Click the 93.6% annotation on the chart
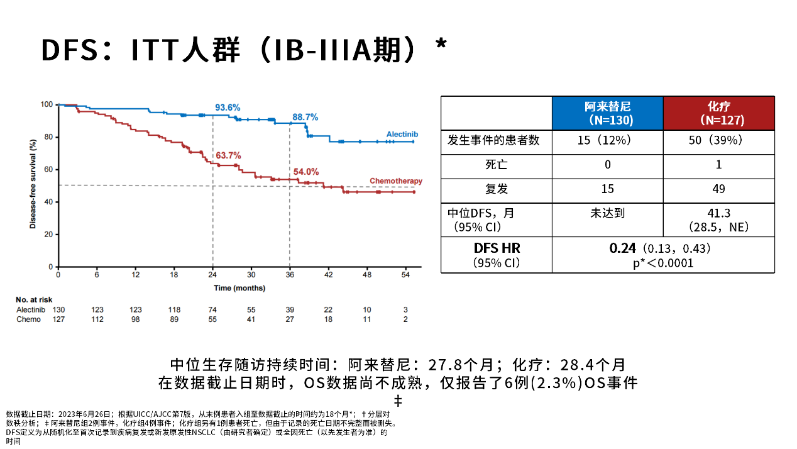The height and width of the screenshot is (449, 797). (x=228, y=108)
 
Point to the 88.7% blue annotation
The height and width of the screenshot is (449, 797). (x=305, y=117)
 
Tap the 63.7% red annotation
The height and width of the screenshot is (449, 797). (x=228, y=155)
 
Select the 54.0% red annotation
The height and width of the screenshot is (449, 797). (x=306, y=171)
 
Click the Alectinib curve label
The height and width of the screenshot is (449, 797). (x=402, y=135)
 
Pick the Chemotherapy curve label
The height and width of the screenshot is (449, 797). (x=396, y=181)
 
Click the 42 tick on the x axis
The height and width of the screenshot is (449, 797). (x=328, y=275)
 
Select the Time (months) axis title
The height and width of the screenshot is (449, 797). (x=239, y=288)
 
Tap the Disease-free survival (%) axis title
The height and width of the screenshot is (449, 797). (x=33, y=186)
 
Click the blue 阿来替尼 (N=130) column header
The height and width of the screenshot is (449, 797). (x=607, y=113)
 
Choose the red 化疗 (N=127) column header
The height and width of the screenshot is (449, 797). (x=718, y=113)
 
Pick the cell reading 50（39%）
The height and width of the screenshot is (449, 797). (x=718, y=140)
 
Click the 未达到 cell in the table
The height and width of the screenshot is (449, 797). (x=607, y=213)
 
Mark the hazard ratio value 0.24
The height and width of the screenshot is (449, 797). (x=623, y=248)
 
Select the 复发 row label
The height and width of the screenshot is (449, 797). (x=496, y=189)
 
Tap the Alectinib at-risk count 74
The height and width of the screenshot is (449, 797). (x=212, y=309)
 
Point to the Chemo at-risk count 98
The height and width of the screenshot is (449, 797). (x=135, y=319)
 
